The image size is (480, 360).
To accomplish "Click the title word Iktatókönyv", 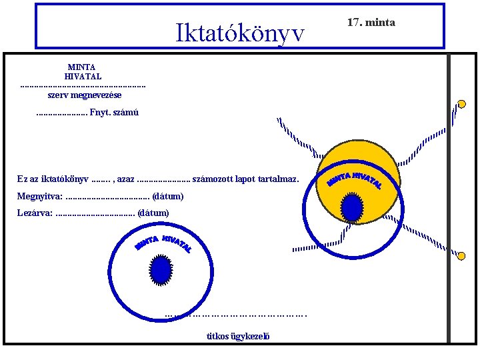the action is click(240, 31).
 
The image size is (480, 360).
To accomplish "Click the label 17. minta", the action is click(371, 23).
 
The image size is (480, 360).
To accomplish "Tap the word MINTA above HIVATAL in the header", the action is click(81, 67).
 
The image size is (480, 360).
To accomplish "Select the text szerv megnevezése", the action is click(85, 95).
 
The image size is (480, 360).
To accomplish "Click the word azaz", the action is click(125, 179).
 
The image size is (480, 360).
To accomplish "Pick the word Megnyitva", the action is click(40, 197).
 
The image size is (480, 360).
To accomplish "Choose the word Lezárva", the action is click(35, 213).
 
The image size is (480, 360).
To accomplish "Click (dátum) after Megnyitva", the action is click(168, 197).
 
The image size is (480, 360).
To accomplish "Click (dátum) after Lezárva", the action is click(153, 213).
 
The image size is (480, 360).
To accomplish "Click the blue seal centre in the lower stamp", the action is click(161, 270).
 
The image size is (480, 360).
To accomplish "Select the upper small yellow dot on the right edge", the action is click(461, 104).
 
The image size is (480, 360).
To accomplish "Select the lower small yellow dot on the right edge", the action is click(461, 255).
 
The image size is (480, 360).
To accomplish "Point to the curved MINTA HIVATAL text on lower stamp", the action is click(164, 243).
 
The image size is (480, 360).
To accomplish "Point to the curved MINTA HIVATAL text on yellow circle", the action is click(355, 179).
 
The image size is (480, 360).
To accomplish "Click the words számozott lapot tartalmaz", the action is click(250, 179).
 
